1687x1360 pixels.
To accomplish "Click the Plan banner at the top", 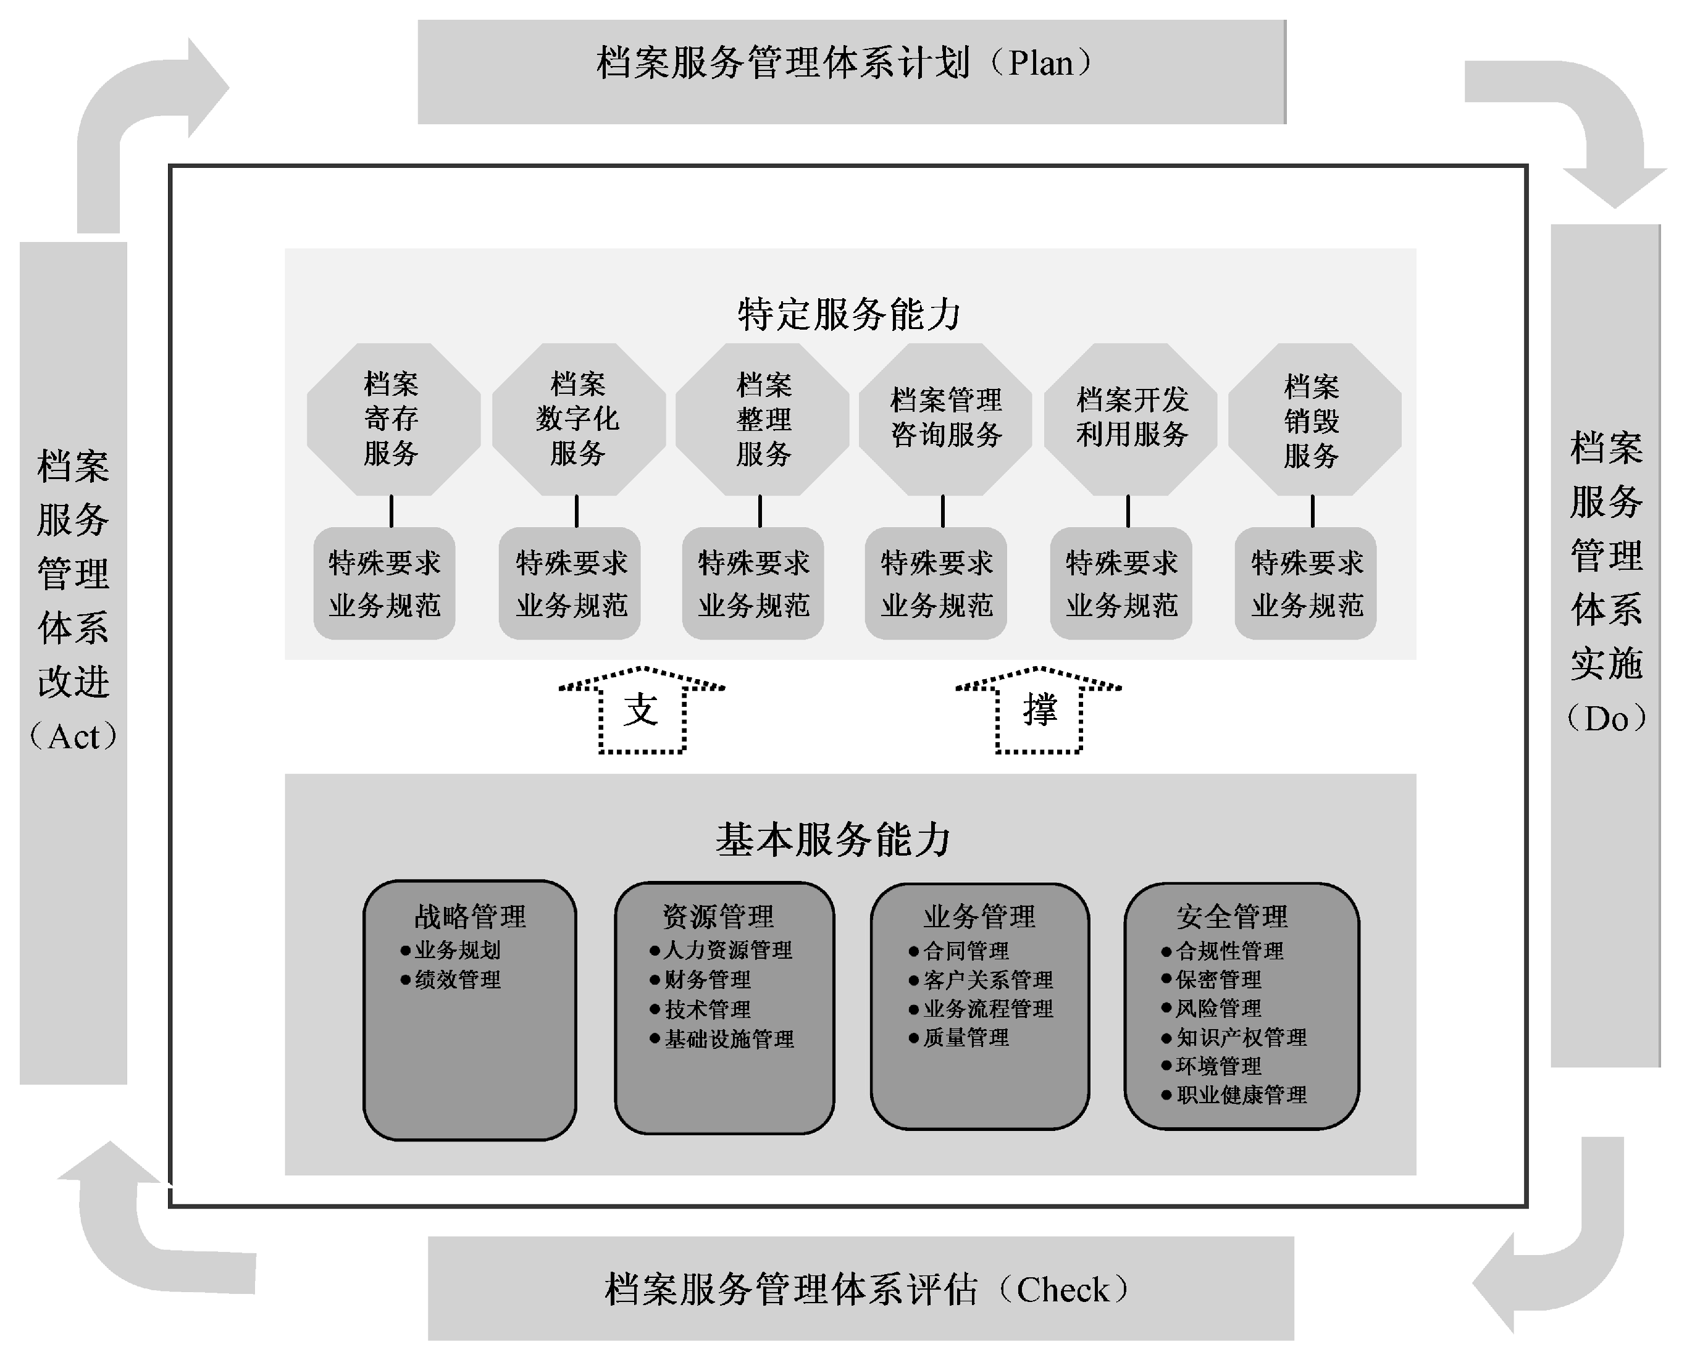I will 851,71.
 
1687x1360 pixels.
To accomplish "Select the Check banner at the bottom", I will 860,1289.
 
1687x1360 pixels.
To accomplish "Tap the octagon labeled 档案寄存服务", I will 393,419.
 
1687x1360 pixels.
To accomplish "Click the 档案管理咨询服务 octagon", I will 945,419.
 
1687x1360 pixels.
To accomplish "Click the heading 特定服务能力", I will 850,314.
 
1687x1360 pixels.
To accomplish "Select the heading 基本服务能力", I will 833,840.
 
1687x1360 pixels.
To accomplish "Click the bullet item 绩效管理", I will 458,980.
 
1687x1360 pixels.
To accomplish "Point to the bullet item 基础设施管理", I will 729,1040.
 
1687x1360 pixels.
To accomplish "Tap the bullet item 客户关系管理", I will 987,980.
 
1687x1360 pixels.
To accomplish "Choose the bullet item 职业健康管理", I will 1241,1095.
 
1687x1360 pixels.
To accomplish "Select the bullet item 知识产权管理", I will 1241,1038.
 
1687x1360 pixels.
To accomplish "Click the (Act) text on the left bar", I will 73,736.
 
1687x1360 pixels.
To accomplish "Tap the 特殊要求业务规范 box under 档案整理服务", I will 753,583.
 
